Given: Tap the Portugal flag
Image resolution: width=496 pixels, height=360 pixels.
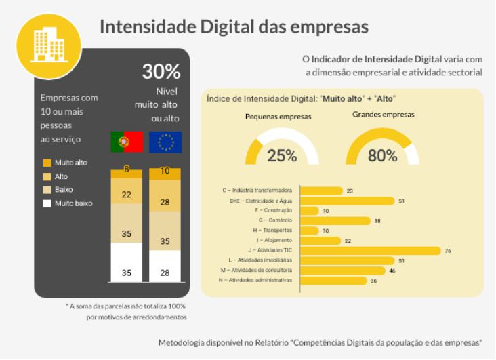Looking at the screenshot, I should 126,142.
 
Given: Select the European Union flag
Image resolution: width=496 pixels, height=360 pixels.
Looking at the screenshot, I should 165,142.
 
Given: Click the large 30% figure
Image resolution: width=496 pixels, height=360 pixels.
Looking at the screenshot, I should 161,72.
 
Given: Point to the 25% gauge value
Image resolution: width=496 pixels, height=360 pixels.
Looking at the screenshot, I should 282,155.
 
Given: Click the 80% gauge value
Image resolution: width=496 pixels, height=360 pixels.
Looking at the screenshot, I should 382,155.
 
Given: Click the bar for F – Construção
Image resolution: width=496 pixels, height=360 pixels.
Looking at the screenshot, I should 308,211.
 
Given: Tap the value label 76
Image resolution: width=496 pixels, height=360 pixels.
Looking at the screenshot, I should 448,251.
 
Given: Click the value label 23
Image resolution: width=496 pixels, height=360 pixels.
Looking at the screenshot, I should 350,191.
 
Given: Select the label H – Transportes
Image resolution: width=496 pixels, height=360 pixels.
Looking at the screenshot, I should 274,231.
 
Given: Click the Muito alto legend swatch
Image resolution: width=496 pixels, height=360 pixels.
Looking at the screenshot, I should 47,163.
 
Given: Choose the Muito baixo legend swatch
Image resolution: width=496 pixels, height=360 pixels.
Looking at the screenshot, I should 47,203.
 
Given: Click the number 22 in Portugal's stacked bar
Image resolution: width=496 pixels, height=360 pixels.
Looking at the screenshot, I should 127,195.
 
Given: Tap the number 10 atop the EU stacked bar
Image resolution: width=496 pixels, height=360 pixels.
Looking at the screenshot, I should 165,172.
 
